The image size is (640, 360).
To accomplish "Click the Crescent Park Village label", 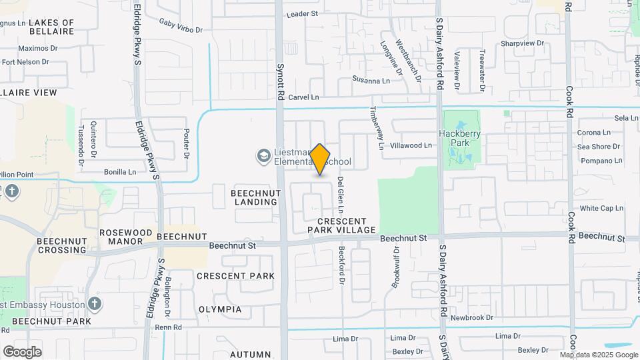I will [342, 225].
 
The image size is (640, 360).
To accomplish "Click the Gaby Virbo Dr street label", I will [181, 25].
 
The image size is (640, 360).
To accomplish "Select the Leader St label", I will [303, 13].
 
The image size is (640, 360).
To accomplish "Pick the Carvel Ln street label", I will [303, 97].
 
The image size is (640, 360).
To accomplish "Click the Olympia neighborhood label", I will [220, 309].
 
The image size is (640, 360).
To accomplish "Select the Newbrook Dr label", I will [471, 318].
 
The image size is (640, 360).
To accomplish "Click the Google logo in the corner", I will [23, 351].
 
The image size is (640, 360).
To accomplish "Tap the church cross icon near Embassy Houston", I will [95, 305].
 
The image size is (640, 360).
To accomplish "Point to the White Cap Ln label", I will [601, 208].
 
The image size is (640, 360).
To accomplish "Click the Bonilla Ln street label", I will [120, 171].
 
